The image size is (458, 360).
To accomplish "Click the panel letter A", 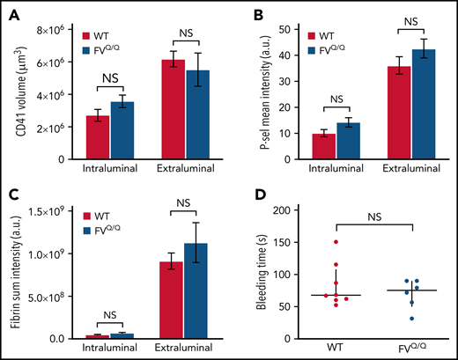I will (18, 14).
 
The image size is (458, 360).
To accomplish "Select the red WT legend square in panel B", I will (306, 36).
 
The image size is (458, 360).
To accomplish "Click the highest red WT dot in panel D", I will (312, 242).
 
